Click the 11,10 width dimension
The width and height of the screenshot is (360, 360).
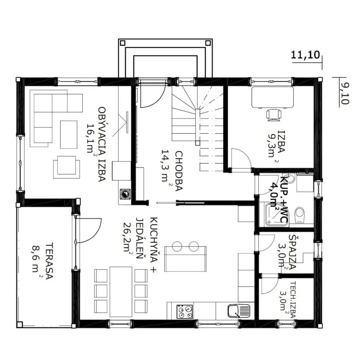(x=305, y=55)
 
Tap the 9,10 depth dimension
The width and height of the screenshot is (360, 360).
(x=345, y=94)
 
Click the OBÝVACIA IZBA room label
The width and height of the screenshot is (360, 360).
(x=102, y=144)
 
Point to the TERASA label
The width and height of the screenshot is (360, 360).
(x=49, y=261)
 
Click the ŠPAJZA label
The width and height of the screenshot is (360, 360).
(x=292, y=251)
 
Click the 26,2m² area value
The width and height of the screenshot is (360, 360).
(x=129, y=238)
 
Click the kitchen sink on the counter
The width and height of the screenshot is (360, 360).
(x=239, y=311)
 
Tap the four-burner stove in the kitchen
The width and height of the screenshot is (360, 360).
(x=185, y=311)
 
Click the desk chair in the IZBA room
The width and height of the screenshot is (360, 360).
(x=274, y=115)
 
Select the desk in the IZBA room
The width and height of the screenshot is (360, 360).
(x=273, y=97)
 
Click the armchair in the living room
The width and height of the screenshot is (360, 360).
(x=67, y=167)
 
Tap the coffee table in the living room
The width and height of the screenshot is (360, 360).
(x=69, y=135)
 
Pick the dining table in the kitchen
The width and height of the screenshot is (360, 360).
(x=121, y=291)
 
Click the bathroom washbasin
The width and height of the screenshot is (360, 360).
(x=291, y=179)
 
